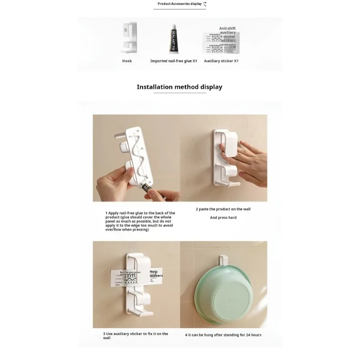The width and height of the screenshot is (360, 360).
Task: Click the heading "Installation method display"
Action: click(x=180, y=87)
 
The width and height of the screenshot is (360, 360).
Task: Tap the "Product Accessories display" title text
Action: click(x=180, y=4)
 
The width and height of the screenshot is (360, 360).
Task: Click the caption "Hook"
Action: click(x=127, y=61)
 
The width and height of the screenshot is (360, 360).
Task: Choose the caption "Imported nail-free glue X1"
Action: click(x=174, y=61)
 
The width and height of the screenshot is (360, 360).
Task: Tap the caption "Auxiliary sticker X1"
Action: click(x=221, y=61)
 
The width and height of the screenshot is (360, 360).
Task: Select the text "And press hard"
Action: click(x=223, y=217)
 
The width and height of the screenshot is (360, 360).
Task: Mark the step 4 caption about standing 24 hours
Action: click(x=223, y=335)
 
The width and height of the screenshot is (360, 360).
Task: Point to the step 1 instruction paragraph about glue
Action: click(x=140, y=221)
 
